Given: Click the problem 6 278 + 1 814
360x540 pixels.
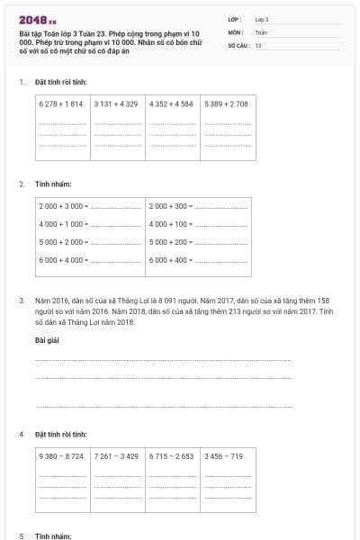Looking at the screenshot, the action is (61, 104).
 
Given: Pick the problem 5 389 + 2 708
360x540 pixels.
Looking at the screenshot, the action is (226, 104).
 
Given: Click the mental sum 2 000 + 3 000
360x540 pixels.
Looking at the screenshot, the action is (62, 206).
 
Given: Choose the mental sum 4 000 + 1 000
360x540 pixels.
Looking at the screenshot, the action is (62, 224).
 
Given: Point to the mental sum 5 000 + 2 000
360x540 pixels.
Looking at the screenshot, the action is (62, 242).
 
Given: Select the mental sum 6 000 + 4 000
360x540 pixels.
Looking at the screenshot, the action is (62, 260).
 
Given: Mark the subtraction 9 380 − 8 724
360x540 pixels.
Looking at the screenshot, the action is (61, 456).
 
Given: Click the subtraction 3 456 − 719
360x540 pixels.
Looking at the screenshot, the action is (224, 456).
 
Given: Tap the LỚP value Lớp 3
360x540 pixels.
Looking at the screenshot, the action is (262, 19).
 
